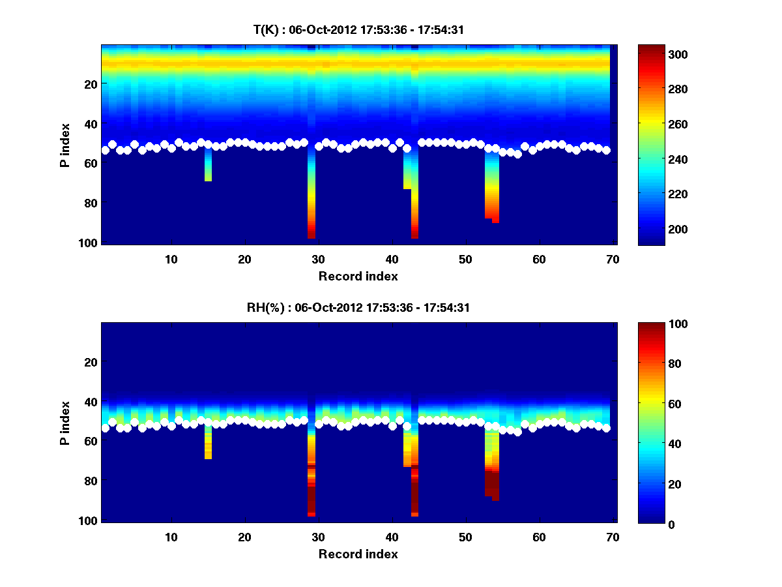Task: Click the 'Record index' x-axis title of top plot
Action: click(x=358, y=276)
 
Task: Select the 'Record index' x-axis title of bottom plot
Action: click(x=358, y=554)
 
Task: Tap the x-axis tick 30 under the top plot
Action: click(x=318, y=259)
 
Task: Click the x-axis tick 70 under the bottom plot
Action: click(x=613, y=537)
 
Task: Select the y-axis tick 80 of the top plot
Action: click(x=90, y=203)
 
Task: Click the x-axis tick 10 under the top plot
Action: click(x=171, y=259)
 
